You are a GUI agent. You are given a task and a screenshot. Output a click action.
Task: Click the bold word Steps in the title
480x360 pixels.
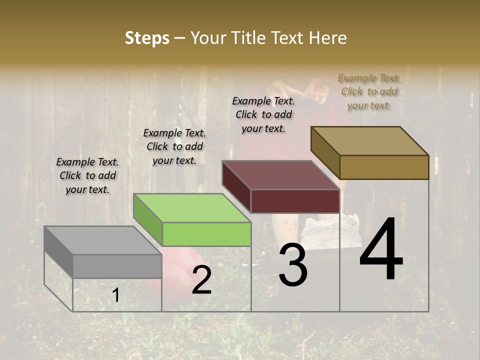tap(147, 38)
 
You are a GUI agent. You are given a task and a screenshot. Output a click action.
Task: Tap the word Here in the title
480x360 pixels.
tap(328, 38)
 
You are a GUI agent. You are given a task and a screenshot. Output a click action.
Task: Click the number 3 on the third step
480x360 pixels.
tap(292, 265)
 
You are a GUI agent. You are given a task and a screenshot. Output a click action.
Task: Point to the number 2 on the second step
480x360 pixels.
tap(201, 280)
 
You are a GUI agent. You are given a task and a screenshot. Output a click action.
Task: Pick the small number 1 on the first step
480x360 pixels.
tap(115, 295)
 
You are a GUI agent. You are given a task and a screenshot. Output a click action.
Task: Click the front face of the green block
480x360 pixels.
tap(206, 234)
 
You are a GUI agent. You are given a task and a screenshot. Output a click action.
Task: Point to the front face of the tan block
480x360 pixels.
tap(384, 167)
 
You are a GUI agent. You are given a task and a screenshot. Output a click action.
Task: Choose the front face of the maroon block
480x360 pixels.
tap(295, 201)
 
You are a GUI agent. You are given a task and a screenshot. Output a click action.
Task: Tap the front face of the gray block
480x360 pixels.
tap(117, 266)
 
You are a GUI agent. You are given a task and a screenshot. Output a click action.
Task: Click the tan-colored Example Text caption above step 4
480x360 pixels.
tap(369, 91)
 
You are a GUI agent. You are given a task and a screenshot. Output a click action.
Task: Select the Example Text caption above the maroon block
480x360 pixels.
tap(263, 114)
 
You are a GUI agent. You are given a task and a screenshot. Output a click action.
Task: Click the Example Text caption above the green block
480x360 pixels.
tap(174, 146)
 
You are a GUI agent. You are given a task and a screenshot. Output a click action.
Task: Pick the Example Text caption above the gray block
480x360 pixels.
tap(87, 175)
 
